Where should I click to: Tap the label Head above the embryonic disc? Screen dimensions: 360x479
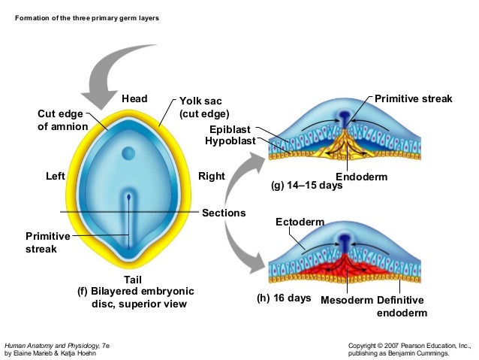pos(134,99)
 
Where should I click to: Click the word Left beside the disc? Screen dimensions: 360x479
pos(56,177)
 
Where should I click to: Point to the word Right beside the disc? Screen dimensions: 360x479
pos(212,177)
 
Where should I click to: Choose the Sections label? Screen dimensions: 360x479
pos(224,213)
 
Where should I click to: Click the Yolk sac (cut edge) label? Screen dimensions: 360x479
pos(203,107)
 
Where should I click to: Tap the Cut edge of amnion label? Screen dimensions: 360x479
pos(62,120)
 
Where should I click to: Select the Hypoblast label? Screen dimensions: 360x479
pos(230,141)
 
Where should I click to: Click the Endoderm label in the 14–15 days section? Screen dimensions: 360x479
pos(361,177)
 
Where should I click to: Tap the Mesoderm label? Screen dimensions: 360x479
pos(346,300)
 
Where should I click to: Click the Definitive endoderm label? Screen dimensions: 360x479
pos(402,306)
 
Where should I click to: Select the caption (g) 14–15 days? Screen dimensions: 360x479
pos(306,186)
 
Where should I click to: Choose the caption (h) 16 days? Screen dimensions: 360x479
pos(284,298)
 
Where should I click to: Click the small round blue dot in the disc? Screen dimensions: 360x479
pos(128,154)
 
